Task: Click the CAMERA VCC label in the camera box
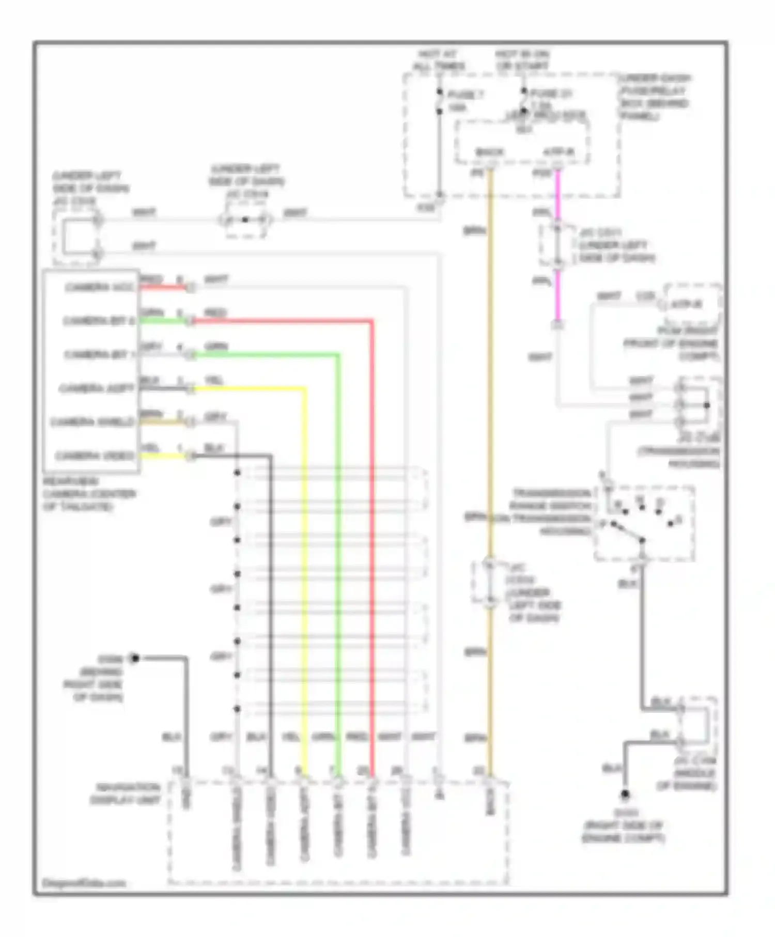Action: tap(99, 287)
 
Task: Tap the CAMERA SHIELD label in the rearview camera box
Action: tap(92, 422)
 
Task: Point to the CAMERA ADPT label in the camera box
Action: tap(96, 388)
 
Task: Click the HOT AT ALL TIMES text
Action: tap(439, 60)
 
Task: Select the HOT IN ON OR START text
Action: tap(522, 60)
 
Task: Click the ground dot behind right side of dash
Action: tap(135, 658)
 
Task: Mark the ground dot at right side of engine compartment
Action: tap(625, 794)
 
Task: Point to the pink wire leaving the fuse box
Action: tap(557, 196)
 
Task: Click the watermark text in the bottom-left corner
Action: tap(84, 883)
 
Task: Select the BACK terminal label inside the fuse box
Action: tap(489, 152)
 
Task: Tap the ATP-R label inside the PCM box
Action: tap(686, 304)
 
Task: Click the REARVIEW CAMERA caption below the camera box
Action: tap(89, 494)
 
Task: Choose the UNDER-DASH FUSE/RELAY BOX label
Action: tap(655, 97)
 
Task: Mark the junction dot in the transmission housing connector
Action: tap(706, 405)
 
